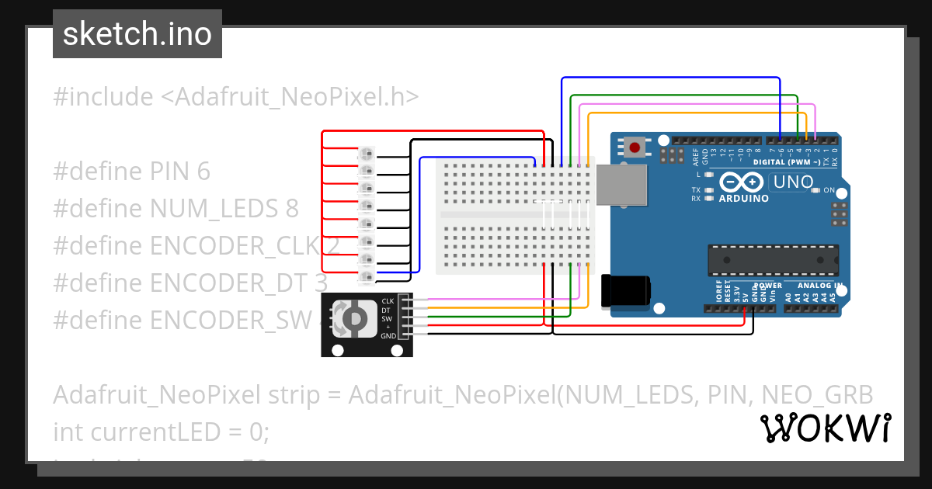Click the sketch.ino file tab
click(137, 34)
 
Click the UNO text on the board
click(791, 182)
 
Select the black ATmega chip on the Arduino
click(773, 260)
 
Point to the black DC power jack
click(626, 290)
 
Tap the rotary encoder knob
click(353, 317)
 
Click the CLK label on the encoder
click(388, 300)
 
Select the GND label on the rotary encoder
click(388, 335)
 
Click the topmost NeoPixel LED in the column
click(365, 153)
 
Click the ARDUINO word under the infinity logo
click(743, 198)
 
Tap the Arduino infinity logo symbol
click(742, 182)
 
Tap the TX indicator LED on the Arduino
click(708, 190)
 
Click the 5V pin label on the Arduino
click(745, 296)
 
